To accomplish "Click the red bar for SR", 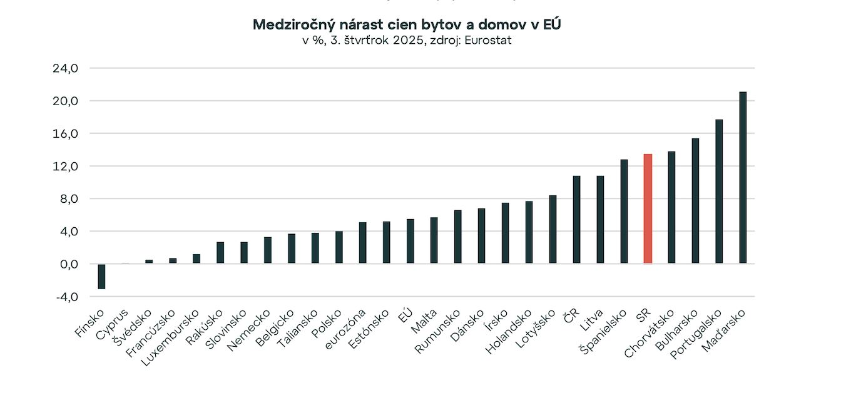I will click(648, 208).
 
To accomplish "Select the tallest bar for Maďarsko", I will click(743, 178).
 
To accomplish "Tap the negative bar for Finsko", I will click(101, 276).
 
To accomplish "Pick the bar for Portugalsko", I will click(719, 192).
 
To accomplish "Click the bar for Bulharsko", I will click(695, 201).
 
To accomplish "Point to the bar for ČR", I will click(576, 220).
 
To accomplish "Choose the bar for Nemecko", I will click(268, 250).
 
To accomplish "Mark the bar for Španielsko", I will click(624, 212).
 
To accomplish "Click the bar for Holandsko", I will click(529, 232).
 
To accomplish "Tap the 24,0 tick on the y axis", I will click(65, 68).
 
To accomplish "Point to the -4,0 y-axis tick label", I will click(66, 297).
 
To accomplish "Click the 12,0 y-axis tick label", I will click(65, 166).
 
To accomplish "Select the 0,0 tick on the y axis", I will click(67, 264).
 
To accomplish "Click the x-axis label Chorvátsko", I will click(650, 332).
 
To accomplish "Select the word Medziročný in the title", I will click(290, 24).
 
